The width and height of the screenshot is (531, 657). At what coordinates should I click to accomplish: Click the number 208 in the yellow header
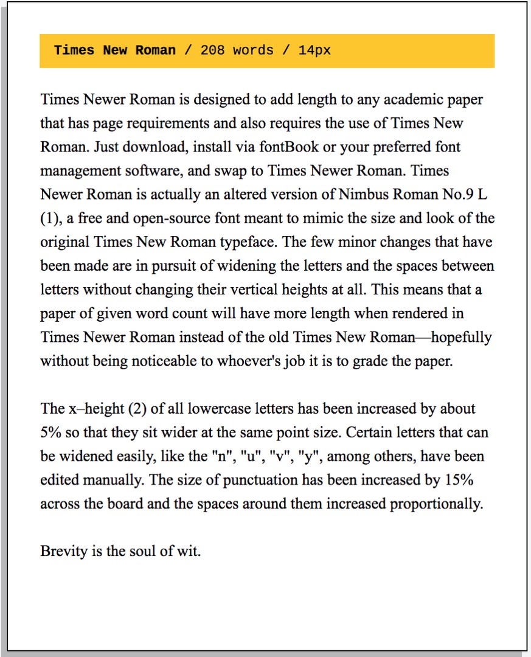212,50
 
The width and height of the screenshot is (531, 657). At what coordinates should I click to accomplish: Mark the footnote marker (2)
137,408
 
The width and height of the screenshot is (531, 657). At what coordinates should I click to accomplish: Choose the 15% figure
459,480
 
